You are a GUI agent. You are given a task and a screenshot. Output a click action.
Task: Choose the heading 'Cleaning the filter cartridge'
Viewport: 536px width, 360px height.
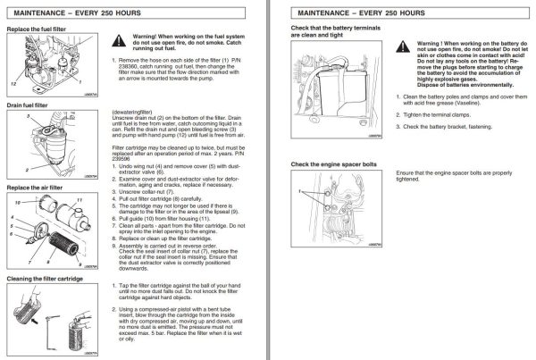46,279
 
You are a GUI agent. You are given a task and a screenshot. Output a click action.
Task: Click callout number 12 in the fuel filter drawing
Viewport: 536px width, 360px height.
13,82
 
